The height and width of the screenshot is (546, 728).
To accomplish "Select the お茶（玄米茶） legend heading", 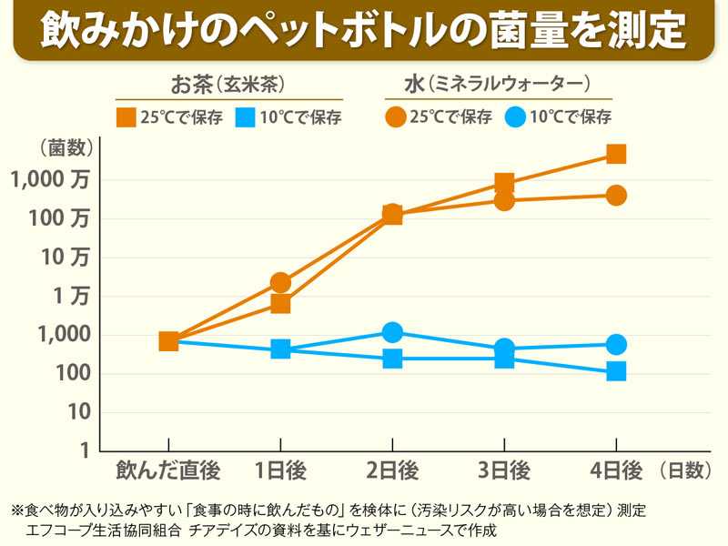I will pyautogui.click(x=228, y=85).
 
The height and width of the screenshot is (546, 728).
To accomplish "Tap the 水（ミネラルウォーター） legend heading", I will pyautogui.click(x=498, y=85).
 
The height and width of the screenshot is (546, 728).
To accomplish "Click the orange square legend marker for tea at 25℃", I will pyautogui.click(x=126, y=116).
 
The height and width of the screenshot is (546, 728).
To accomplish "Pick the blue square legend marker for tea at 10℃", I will pyautogui.click(x=246, y=116).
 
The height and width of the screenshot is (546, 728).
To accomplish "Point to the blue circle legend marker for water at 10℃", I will pyautogui.click(x=516, y=116).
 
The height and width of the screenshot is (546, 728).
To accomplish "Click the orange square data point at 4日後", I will pyautogui.click(x=616, y=154).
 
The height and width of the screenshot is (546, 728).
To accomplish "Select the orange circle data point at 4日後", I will pyautogui.click(x=616, y=196).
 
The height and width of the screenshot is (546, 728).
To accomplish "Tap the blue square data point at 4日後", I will pyautogui.click(x=616, y=371).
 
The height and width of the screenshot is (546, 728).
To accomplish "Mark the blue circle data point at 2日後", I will pyautogui.click(x=392, y=332).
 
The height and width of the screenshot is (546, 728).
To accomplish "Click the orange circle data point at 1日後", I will pyautogui.click(x=280, y=283).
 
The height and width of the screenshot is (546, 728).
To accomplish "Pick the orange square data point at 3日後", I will pyautogui.click(x=504, y=183).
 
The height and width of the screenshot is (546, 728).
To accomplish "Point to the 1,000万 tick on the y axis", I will pyautogui.click(x=51, y=180).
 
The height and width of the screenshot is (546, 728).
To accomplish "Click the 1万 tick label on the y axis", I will pyautogui.click(x=71, y=297).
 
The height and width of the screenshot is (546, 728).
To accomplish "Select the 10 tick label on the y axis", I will pyautogui.click(x=78, y=412).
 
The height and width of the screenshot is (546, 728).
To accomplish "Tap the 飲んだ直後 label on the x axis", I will pyautogui.click(x=168, y=470).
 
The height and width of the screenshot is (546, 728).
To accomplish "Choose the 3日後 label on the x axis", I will pyautogui.click(x=504, y=470).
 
